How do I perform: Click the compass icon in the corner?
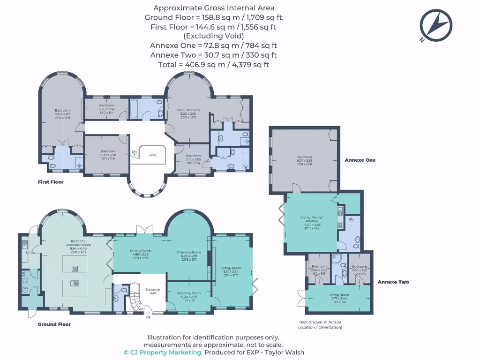[x=435, y=25]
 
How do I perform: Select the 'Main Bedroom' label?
[x=188, y=111]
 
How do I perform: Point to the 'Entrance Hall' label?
[x=152, y=291]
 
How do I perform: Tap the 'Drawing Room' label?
[x=189, y=252]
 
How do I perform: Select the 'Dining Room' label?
[x=140, y=251]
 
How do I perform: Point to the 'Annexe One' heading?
[x=360, y=160]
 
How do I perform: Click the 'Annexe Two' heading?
[x=393, y=282]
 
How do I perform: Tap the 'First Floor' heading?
[x=51, y=182]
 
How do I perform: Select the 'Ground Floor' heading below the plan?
[x=54, y=324]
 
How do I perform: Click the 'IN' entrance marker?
[x=149, y=317]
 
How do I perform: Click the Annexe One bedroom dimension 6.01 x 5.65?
[x=304, y=160]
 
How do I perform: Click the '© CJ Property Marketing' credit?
[x=162, y=352]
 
